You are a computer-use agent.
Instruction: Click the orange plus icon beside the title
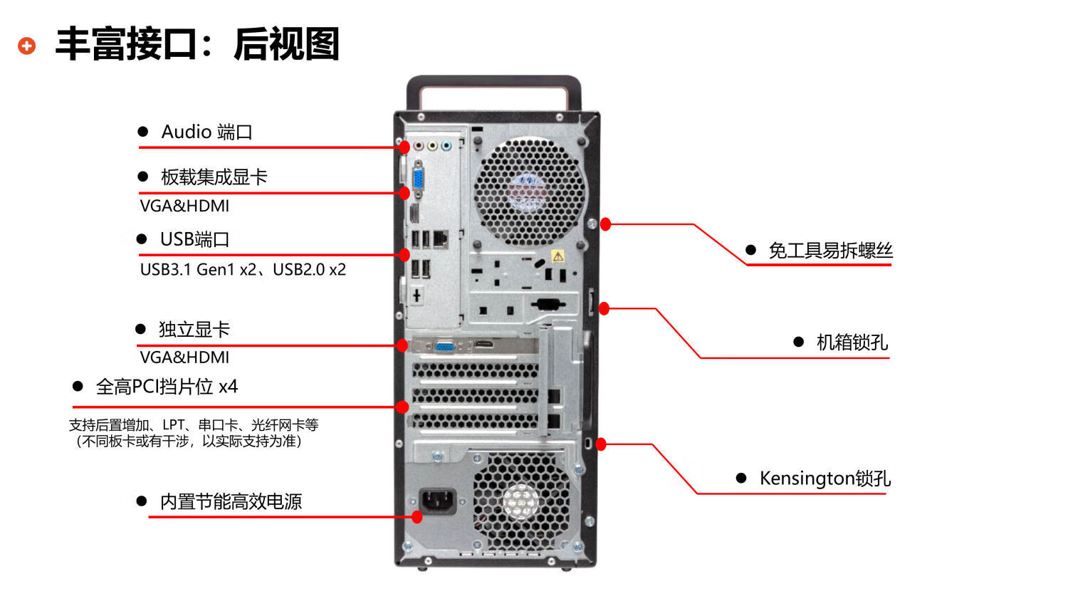point(27,46)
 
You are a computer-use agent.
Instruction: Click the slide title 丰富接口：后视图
point(197,44)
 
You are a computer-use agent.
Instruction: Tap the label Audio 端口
point(206,132)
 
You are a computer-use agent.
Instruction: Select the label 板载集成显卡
point(214,177)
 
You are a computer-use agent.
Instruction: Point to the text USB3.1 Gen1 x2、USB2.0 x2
point(243,269)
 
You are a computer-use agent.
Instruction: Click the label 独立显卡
point(194,330)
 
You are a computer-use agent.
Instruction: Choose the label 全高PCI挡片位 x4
point(167,387)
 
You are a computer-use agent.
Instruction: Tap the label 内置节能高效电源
point(231,502)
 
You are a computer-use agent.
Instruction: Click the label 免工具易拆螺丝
point(830,251)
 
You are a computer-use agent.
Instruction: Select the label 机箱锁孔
point(852,342)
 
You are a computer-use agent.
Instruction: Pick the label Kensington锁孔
point(824,479)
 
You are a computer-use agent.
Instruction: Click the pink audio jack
point(419,145)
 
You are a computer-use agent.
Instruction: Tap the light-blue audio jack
point(446,145)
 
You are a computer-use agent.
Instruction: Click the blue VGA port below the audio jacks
point(418,180)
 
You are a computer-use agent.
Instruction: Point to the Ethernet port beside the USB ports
point(441,239)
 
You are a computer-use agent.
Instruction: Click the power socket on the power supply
point(437,501)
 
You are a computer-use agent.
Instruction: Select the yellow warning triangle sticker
point(557,256)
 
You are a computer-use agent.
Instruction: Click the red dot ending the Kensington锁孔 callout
point(601,444)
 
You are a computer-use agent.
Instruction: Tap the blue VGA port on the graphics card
point(444,347)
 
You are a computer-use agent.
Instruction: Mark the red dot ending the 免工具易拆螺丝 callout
point(605,224)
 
